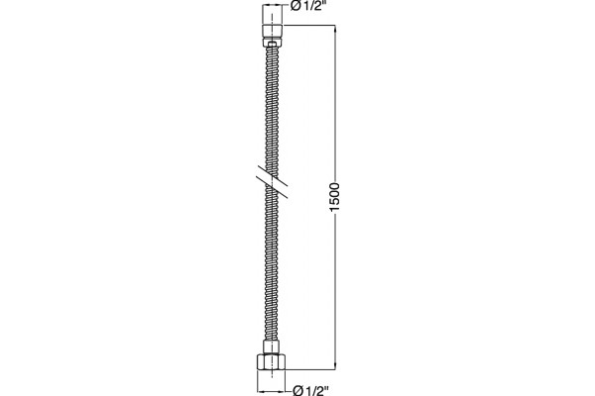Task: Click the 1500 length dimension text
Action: pos(334,198)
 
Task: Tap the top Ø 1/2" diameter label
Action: pos(308,6)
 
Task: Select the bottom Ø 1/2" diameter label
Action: pos(310,390)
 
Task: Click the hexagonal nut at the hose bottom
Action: pos(272,362)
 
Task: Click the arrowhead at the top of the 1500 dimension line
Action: pos(335,29)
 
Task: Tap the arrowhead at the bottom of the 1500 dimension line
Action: pos(335,365)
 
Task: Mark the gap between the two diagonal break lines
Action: pos(272,182)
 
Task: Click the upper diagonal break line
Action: pos(273,175)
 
